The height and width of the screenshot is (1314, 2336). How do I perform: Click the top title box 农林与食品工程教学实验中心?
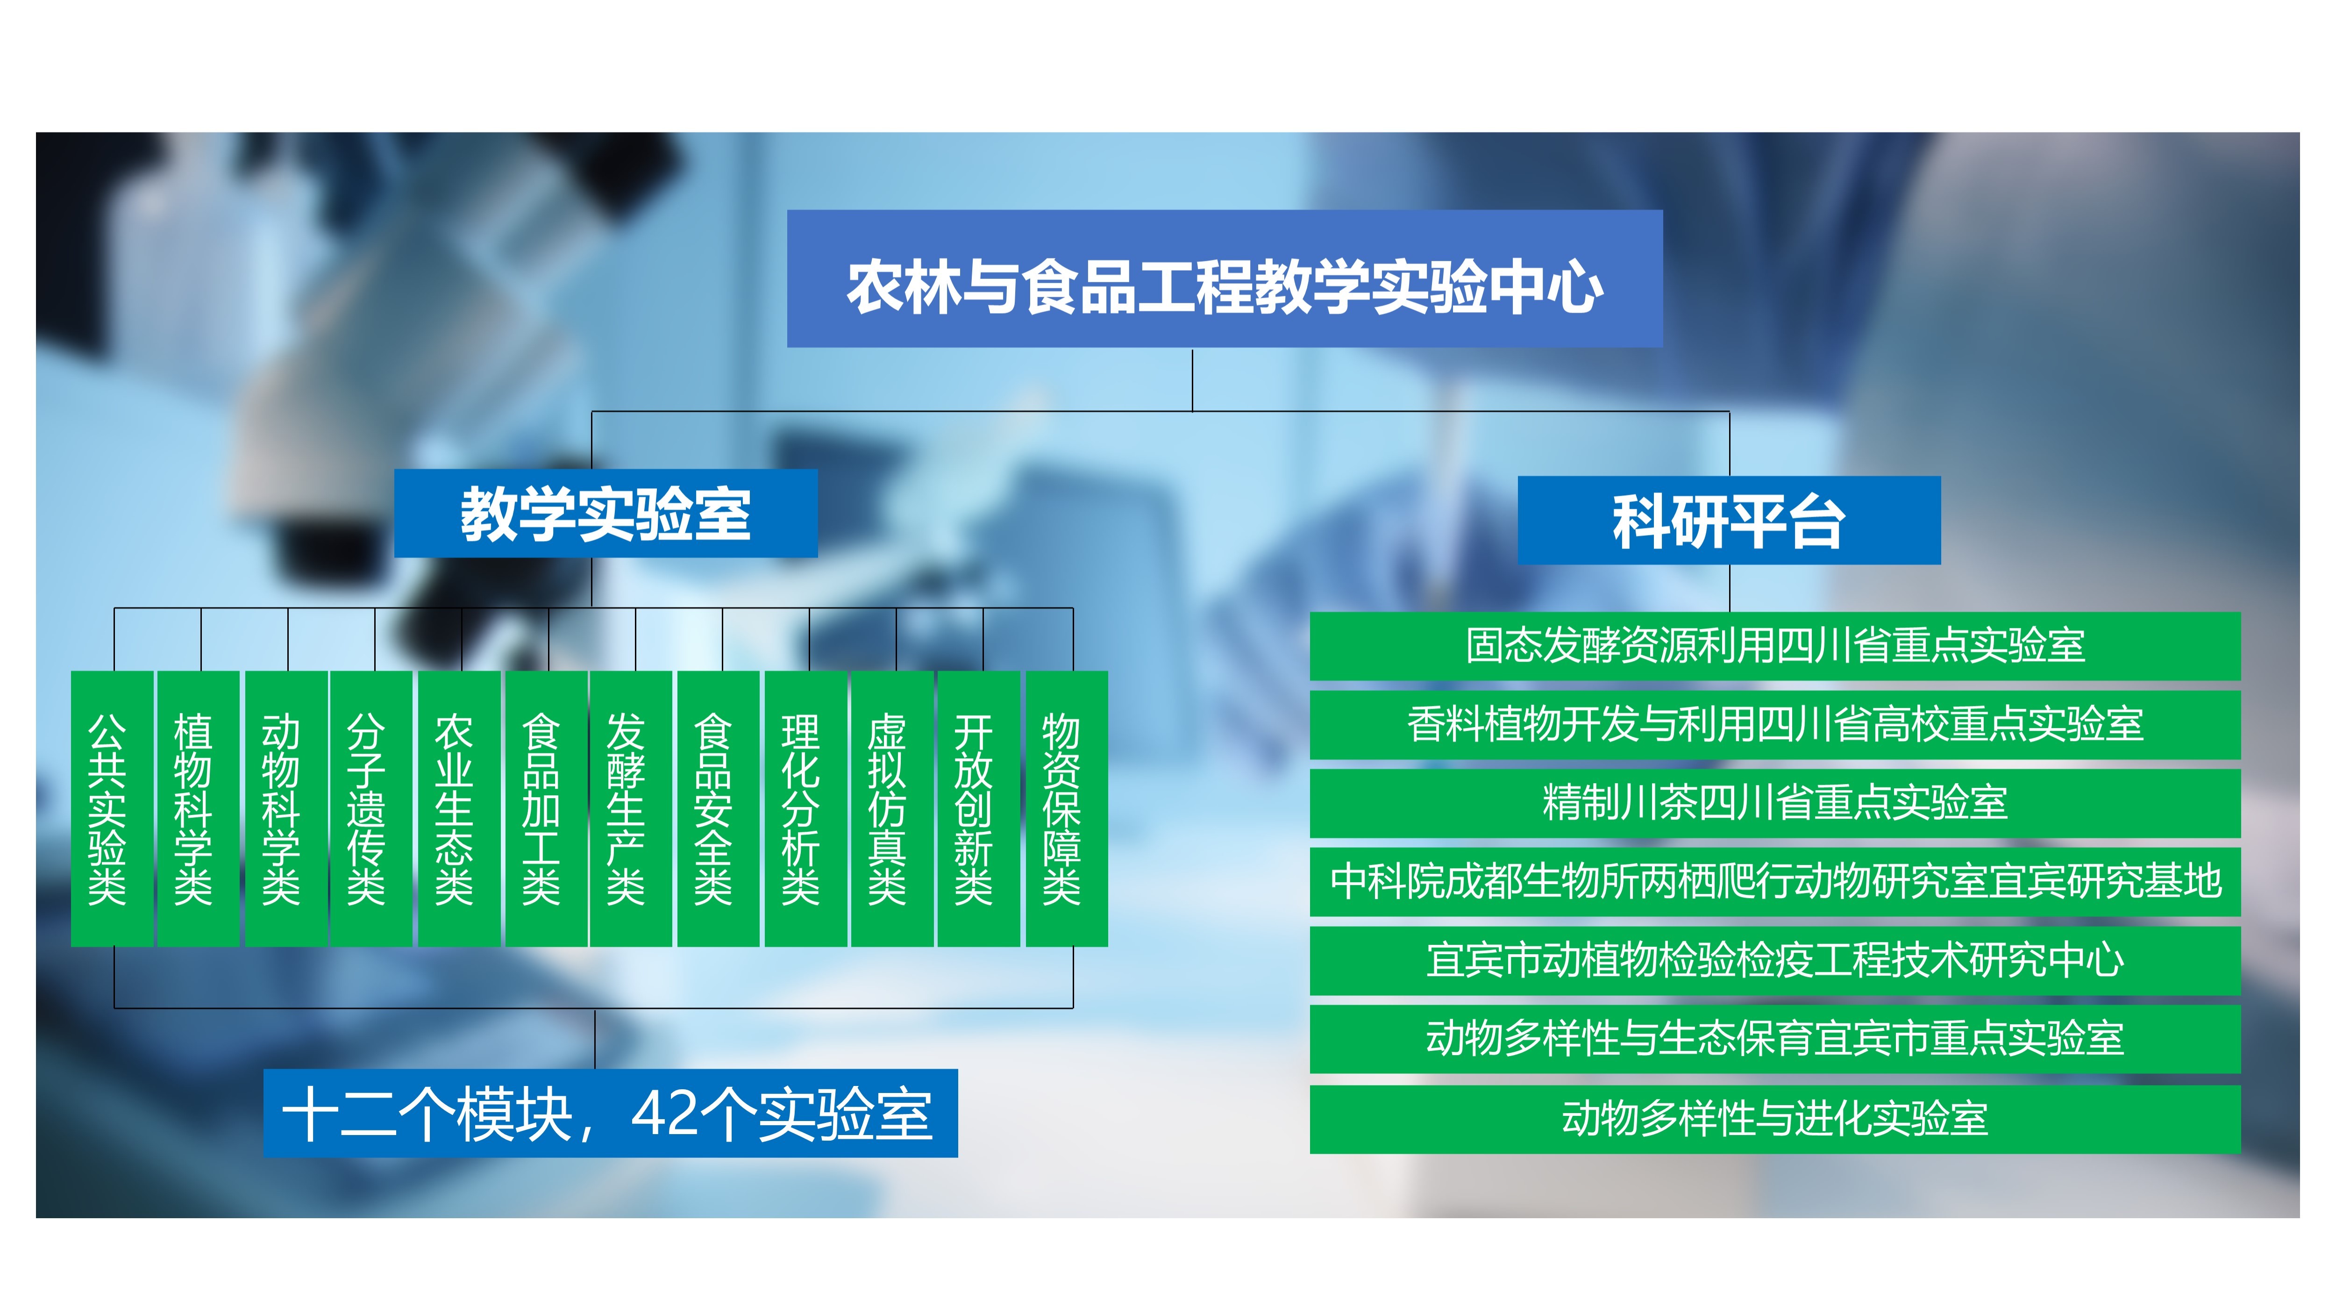coord(1224,279)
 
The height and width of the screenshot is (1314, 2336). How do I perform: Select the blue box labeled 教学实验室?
coord(606,513)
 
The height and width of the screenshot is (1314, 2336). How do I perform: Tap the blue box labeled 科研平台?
coord(1729,521)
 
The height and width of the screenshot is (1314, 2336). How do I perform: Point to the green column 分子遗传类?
coord(371,809)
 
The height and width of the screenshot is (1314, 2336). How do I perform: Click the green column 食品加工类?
coord(546,809)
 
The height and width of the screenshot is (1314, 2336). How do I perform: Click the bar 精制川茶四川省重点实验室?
coord(1775,802)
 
